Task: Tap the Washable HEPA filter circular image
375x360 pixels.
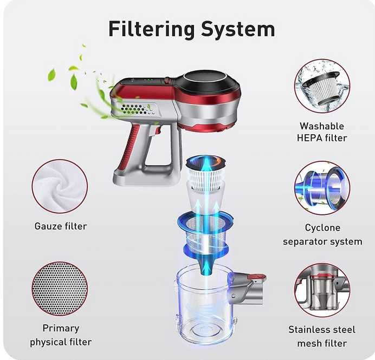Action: (x=322, y=86)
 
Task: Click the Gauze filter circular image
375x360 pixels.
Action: (x=59, y=186)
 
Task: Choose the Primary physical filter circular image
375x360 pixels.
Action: (x=59, y=289)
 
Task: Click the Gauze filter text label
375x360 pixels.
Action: (x=61, y=226)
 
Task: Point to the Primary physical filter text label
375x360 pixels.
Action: (x=61, y=335)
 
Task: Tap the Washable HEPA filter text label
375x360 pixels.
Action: (x=322, y=132)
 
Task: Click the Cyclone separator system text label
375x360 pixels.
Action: (x=322, y=234)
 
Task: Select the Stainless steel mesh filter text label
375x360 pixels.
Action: (x=322, y=336)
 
